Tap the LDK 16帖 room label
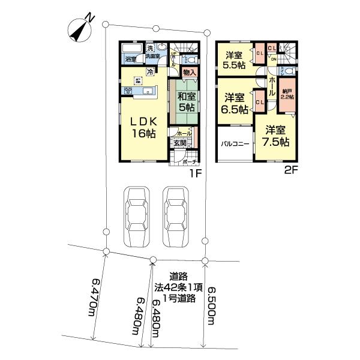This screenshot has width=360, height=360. pyautogui.click(x=143, y=127)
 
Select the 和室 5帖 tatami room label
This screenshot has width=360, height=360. pyautogui.click(x=185, y=101)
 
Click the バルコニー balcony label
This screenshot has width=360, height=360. pyautogui.click(x=234, y=145)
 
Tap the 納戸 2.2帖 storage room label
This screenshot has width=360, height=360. pyautogui.click(x=287, y=94)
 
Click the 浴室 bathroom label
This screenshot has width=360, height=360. pyautogui.click(x=130, y=59)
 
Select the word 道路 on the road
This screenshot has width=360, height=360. pyautogui.click(x=178, y=277)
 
